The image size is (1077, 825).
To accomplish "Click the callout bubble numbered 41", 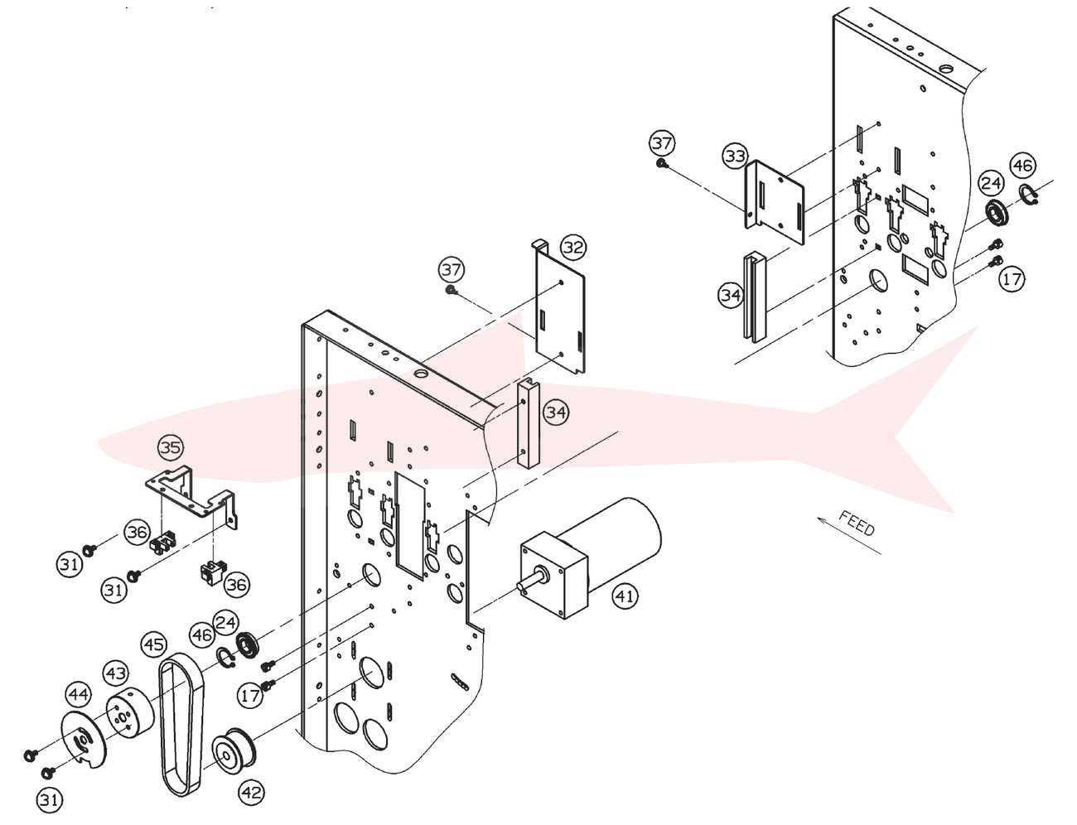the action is point(625,596).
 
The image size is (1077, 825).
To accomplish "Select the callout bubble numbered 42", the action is point(251,792).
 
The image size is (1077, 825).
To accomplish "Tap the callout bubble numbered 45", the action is point(153,644).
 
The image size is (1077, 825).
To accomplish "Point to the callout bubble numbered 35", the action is point(171,447).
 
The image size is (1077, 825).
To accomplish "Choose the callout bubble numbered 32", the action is point(573,247).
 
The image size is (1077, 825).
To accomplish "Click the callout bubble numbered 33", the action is point(736,157).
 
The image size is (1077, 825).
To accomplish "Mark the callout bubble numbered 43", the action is point(116,673).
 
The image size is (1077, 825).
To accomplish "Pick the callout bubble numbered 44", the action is point(79,695).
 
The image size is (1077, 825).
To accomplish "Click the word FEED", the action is point(857,523).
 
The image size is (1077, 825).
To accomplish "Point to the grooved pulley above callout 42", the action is point(234,750).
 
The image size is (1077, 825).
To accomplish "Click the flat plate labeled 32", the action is point(560,310).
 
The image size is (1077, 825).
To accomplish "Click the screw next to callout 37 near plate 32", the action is point(451,290).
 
